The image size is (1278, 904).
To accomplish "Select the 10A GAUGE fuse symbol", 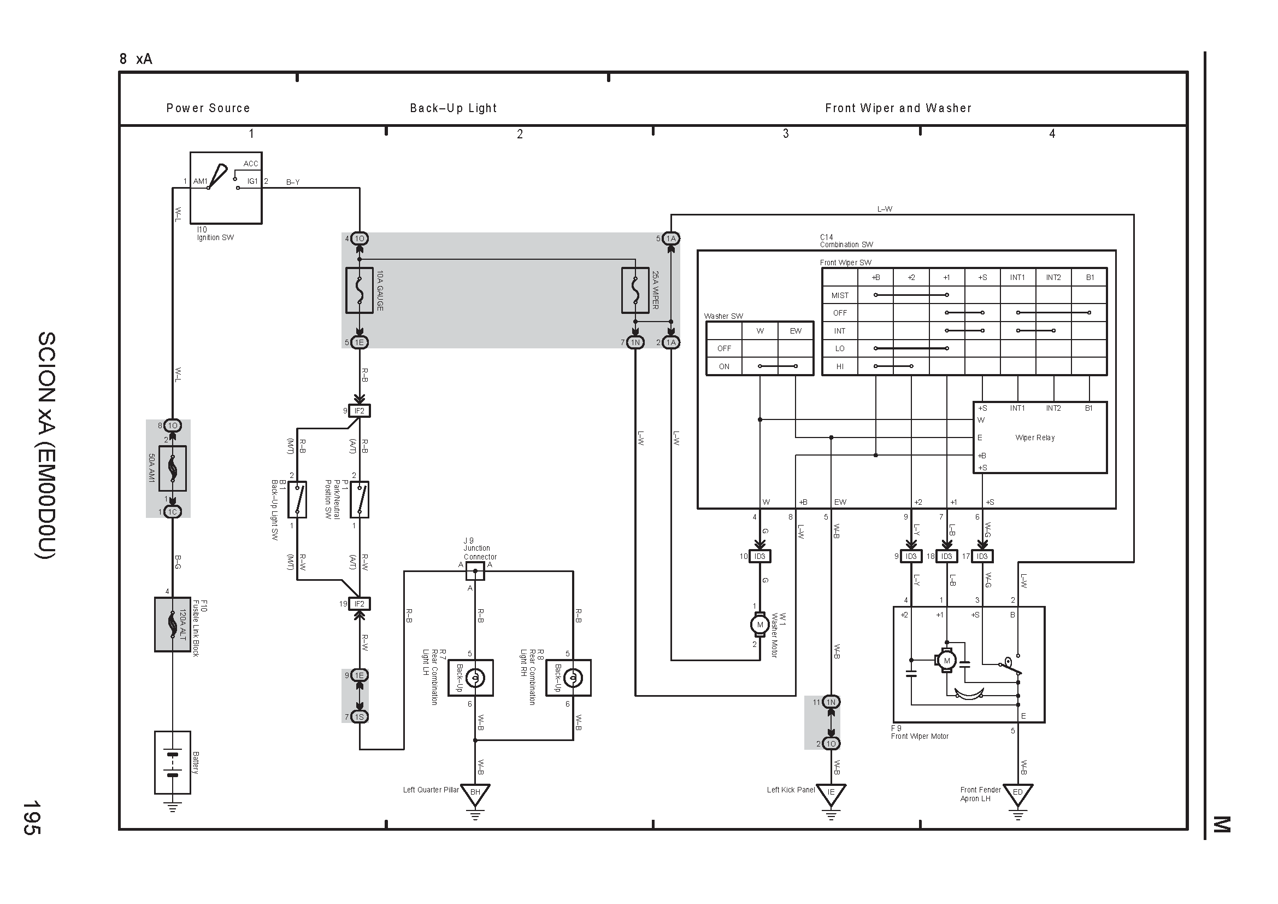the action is [x=360, y=291].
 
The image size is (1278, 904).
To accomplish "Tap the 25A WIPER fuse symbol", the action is [x=635, y=291].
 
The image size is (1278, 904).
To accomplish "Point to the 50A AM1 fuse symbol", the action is [x=173, y=469].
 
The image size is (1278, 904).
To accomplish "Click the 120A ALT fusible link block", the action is [x=173, y=625].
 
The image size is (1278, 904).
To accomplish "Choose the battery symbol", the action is [x=173, y=762].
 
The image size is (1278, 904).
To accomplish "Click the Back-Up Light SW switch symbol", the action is [x=297, y=499].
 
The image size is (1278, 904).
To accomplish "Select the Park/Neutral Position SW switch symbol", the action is [x=360, y=499].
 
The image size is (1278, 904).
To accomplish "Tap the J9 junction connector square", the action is [x=475, y=571].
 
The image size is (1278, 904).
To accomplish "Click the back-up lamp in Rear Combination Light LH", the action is [x=475, y=678].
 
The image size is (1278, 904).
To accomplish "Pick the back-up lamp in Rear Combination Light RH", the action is [x=573, y=678].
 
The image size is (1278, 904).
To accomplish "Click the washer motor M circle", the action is [x=760, y=625].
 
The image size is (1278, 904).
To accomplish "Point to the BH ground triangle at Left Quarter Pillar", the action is [x=475, y=794].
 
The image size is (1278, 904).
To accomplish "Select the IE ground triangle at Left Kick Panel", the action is [x=831, y=794].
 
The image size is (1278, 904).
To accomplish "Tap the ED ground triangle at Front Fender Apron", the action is [x=1018, y=794].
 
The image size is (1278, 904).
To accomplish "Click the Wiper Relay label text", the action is [x=1035, y=438].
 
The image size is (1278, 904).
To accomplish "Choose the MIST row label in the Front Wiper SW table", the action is [x=840, y=295].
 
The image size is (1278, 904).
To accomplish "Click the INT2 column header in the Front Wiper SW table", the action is [x=1053, y=277].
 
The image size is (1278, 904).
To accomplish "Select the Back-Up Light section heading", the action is [x=453, y=108].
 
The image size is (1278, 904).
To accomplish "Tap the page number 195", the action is [x=31, y=818].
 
